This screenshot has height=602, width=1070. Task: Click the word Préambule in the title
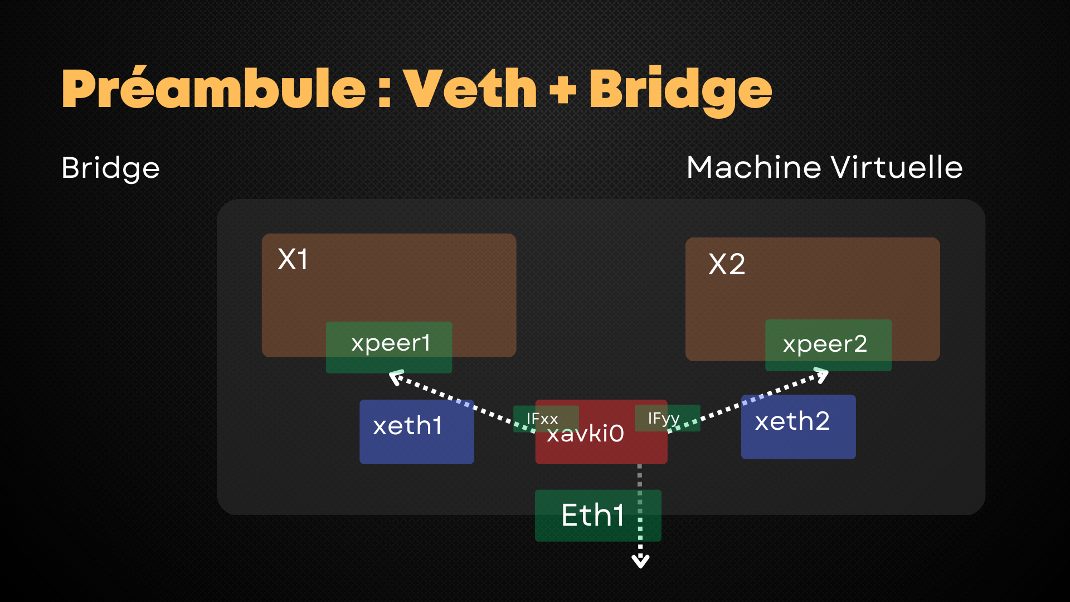213,89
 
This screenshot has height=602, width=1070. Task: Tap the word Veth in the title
470,89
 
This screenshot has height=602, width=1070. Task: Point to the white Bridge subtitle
110,168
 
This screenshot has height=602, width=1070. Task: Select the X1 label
293,260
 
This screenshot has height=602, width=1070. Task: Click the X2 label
727,264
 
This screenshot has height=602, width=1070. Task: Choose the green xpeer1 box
389,347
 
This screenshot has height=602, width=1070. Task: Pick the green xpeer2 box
828,345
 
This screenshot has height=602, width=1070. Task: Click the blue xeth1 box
416,431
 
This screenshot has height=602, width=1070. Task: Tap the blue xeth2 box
798,426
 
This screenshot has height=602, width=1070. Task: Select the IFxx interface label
542,419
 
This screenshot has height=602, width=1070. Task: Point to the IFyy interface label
664,418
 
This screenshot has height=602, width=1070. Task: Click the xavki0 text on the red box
585,434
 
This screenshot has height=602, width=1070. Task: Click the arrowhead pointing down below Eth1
640,561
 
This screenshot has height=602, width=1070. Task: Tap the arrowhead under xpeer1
396,378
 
